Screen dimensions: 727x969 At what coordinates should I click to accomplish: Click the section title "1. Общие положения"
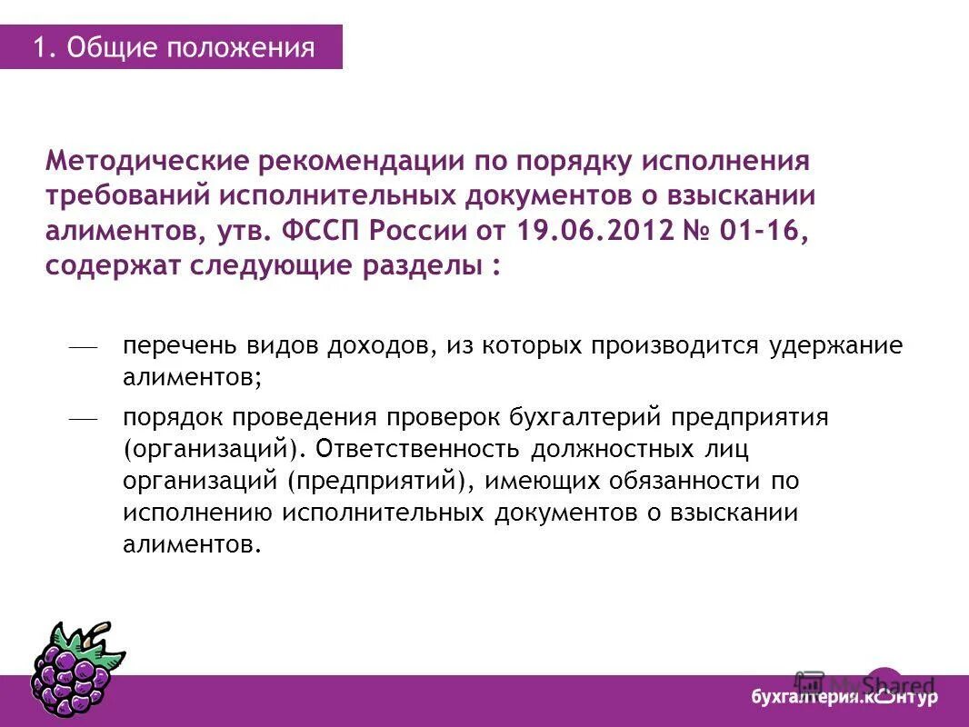[x=174, y=47]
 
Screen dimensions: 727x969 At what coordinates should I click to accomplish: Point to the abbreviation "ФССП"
[x=318, y=231]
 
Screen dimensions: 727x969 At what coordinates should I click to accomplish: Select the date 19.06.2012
[x=592, y=231]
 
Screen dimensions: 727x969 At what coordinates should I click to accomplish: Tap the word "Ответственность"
[x=417, y=449]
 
